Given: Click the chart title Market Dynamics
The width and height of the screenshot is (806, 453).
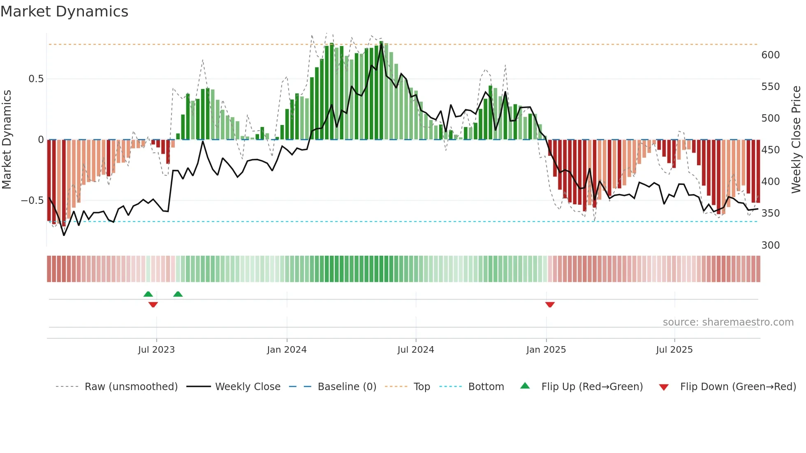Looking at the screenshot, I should (x=65, y=12).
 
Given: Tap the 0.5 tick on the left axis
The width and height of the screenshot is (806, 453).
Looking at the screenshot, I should (x=36, y=79).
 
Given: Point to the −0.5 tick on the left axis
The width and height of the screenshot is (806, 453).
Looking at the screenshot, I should (x=32, y=201).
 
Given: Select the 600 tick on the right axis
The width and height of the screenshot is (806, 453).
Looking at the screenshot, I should (x=770, y=55).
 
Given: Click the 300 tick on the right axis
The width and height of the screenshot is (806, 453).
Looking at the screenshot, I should (x=770, y=245).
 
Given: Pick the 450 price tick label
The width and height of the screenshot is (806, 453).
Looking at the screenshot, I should (x=770, y=150).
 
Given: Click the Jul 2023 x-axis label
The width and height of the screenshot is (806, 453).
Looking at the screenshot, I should (x=156, y=350).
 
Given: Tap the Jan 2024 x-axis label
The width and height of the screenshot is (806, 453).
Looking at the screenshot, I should (x=287, y=350).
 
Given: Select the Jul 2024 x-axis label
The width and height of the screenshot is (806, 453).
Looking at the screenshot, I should (x=416, y=350).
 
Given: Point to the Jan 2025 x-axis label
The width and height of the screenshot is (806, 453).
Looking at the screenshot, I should (x=546, y=350).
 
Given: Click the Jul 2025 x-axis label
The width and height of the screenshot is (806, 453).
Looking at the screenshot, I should (x=674, y=350).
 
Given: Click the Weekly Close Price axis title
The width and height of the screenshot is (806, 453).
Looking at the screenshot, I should (x=796, y=140).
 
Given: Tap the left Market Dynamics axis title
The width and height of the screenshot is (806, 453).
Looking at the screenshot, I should (x=7, y=140).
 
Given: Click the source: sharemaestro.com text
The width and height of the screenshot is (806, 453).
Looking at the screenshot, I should (x=728, y=322).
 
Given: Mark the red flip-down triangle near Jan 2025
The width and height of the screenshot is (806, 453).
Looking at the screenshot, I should (x=550, y=305).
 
